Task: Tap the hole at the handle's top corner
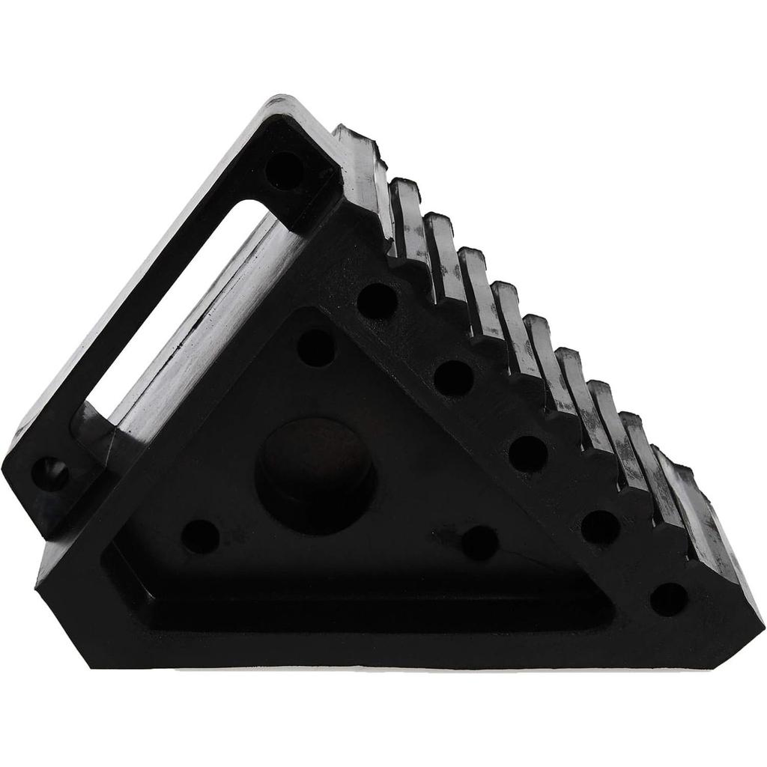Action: (285, 171)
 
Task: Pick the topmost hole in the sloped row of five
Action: (377, 300)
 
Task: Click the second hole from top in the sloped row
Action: (453, 378)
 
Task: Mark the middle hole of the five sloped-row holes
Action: (528, 453)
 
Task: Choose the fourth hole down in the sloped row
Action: (600, 527)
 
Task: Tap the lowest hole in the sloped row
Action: (668, 598)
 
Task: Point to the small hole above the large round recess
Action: (316, 348)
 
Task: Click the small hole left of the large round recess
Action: (201, 536)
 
